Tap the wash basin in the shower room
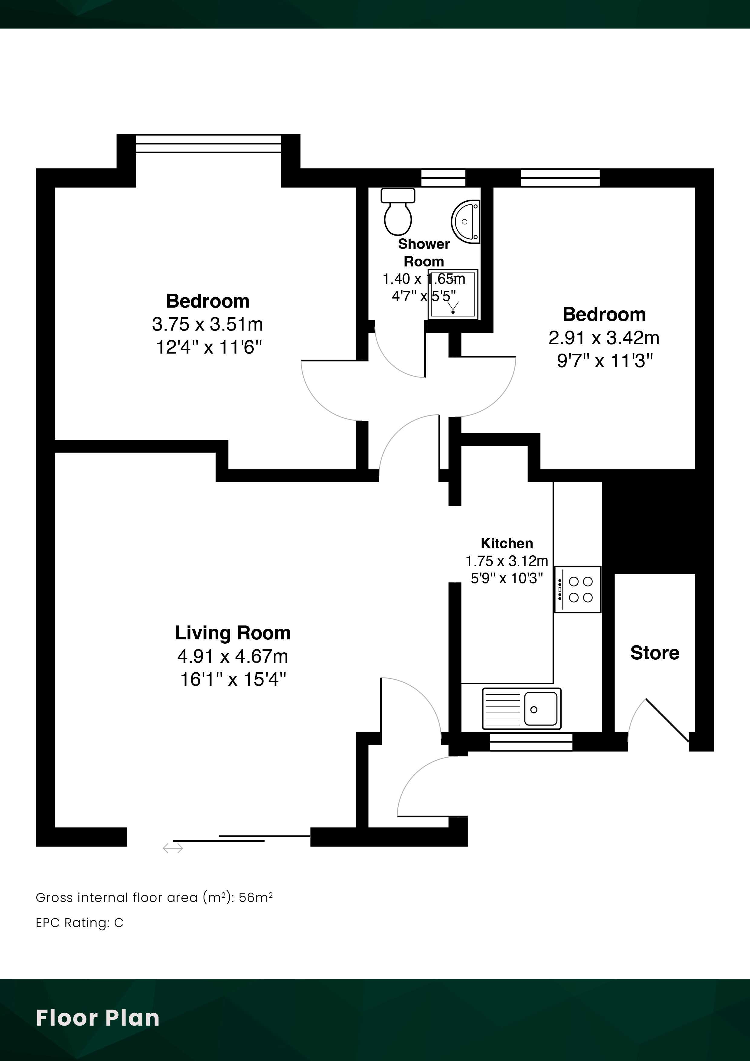(x=466, y=222)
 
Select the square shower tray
(x=453, y=294)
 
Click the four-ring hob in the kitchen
(x=578, y=590)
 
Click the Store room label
(x=655, y=653)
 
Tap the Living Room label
(x=233, y=633)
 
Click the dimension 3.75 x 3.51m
(x=207, y=325)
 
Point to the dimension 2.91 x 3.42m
(x=604, y=338)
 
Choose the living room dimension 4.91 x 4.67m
(x=233, y=656)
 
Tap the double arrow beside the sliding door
(x=173, y=848)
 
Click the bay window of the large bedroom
(x=208, y=144)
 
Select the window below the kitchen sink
(x=531, y=742)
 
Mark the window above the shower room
(x=443, y=178)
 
